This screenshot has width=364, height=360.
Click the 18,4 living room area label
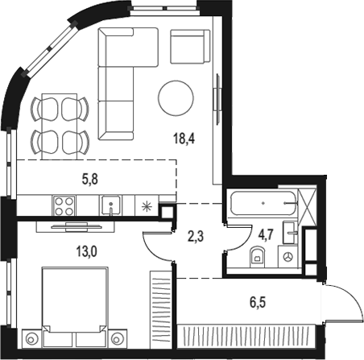(184, 139)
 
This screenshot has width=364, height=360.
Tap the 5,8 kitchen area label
(90, 180)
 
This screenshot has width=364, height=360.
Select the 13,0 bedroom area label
(86, 252)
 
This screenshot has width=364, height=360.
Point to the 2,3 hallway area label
(196, 237)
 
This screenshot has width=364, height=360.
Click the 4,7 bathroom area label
(266, 234)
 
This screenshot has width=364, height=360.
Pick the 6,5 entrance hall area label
(258, 303)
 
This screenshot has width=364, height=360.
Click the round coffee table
(176, 98)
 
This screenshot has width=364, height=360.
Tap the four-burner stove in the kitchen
(64, 205)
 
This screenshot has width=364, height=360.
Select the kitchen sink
(110, 205)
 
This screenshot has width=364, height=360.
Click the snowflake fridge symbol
(147, 206)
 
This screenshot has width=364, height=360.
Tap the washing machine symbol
(288, 257)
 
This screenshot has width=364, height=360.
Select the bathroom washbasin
(289, 233)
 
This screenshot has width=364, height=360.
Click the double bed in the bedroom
(75, 307)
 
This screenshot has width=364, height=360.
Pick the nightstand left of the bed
(32, 338)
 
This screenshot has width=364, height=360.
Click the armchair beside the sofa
(190, 47)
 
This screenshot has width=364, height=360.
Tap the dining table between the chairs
(60, 126)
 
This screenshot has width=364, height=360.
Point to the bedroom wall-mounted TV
(77, 226)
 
